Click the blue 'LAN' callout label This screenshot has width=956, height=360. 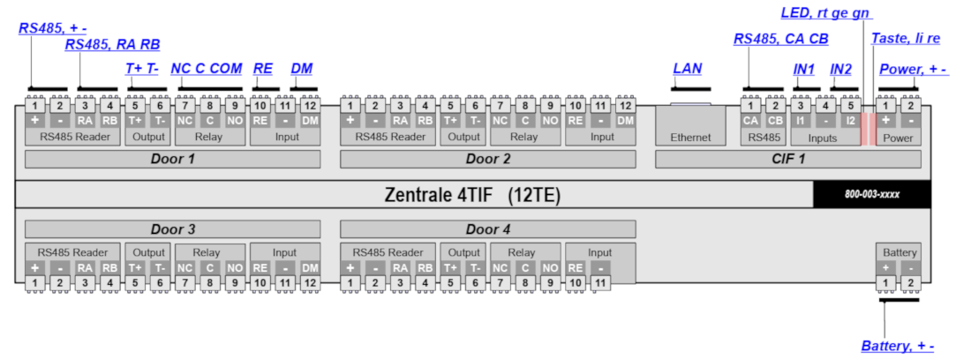[x=688, y=68]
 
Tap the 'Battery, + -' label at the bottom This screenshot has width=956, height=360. [x=897, y=346]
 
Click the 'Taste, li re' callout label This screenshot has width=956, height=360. [x=906, y=39]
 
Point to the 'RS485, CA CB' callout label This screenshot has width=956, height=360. [x=780, y=39]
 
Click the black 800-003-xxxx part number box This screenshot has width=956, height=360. [x=871, y=194]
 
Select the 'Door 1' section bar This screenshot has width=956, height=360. [x=172, y=159]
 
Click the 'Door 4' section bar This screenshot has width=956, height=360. [x=487, y=229]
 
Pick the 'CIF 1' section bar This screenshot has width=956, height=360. [x=788, y=159]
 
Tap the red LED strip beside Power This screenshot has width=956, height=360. [x=868, y=128]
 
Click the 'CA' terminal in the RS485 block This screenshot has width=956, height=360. [x=751, y=120]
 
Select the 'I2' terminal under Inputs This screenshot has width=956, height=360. [x=850, y=120]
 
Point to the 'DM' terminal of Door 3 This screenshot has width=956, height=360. [x=310, y=267]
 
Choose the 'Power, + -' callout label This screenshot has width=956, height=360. [x=913, y=68]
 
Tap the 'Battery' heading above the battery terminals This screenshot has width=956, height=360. [x=897, y=251]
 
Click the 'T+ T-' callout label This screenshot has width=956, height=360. [x=142, y=68]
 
